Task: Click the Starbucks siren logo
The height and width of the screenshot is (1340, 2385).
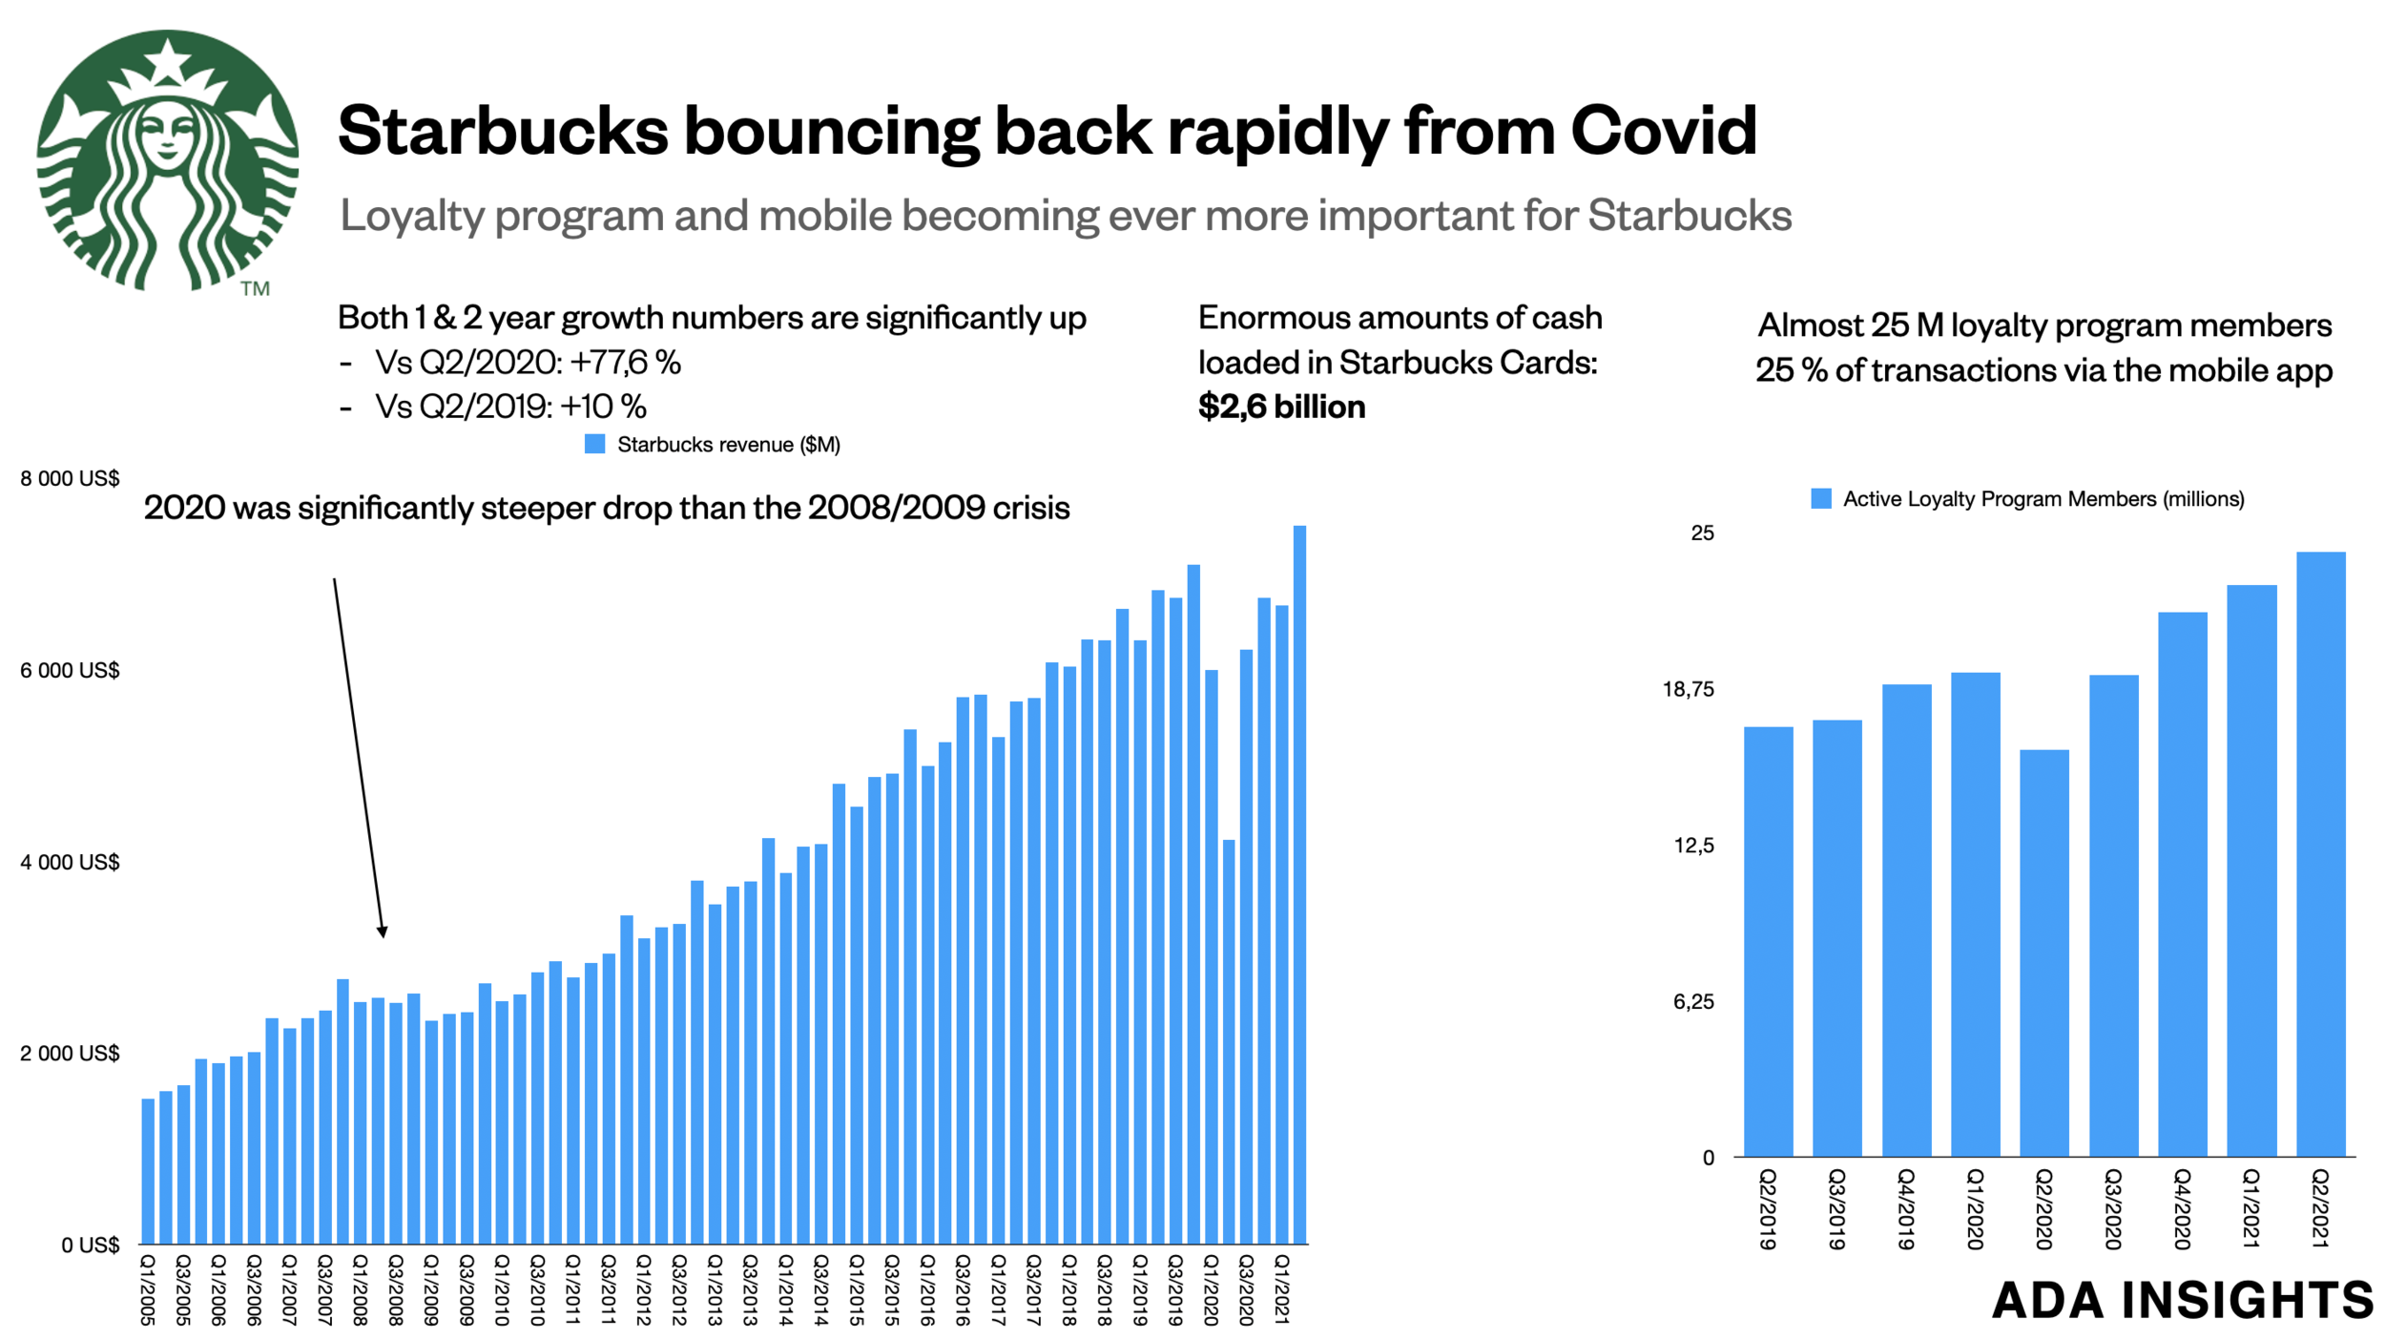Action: point(167,159)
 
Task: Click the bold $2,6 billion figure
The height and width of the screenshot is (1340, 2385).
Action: point(1280,408)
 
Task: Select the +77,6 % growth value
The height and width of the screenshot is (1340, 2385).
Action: point(625,363)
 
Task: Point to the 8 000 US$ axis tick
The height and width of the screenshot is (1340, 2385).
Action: point(70,479)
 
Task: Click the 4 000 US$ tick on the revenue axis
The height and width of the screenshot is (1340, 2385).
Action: point(70,863)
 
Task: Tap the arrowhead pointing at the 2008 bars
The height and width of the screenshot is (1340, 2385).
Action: point(382,932)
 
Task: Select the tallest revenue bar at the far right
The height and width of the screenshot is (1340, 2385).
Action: point(1298,883)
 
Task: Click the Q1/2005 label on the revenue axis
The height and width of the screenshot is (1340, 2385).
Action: point(147,1290)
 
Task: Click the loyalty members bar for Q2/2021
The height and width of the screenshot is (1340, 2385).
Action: point(2320,854)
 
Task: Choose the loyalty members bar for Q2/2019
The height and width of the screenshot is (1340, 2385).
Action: point(1768,941)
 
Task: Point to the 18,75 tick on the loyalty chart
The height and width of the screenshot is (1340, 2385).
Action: point(1688,690)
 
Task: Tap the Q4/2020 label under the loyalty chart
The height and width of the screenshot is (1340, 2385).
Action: point(2182,1209)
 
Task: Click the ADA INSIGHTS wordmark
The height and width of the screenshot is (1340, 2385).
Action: point(2182,1300)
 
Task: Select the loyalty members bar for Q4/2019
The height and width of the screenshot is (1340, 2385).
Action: point(1906,920)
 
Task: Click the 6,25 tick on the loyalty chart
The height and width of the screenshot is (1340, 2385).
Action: point(1693,1002)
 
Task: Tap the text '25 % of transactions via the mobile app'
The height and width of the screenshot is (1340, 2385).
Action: point(2043,371)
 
